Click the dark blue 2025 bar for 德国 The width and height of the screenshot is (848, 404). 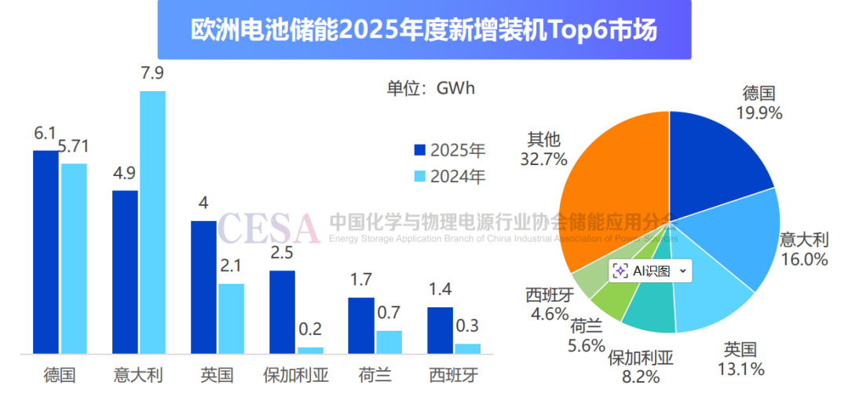46,252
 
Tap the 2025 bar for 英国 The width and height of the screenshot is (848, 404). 203,287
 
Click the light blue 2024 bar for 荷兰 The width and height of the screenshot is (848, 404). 389,342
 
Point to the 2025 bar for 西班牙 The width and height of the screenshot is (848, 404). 440,330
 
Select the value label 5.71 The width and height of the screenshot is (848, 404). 75,147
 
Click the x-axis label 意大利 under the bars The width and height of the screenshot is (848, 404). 138,376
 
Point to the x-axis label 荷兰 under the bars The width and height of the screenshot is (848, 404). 375,376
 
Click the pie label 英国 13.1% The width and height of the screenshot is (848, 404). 740,359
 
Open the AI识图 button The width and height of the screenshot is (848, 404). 651,270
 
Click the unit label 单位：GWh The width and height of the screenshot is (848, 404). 431,88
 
